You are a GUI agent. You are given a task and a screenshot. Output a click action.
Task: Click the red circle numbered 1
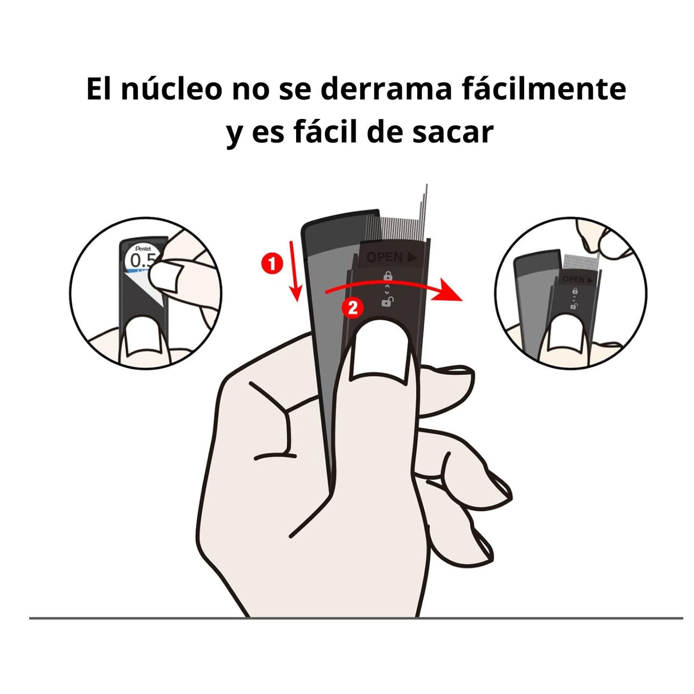[272, 264]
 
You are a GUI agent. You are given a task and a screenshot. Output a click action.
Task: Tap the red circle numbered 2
[352, 308]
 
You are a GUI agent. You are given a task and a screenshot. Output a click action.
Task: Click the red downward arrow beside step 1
[294, 271]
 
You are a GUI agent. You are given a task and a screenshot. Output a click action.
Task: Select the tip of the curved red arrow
[462, 300]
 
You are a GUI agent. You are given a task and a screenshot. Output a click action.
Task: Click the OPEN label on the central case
[391, 257]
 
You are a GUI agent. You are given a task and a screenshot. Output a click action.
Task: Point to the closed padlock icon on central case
[388, 276]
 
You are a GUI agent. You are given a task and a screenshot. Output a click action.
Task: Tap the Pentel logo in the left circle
[143, 249]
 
